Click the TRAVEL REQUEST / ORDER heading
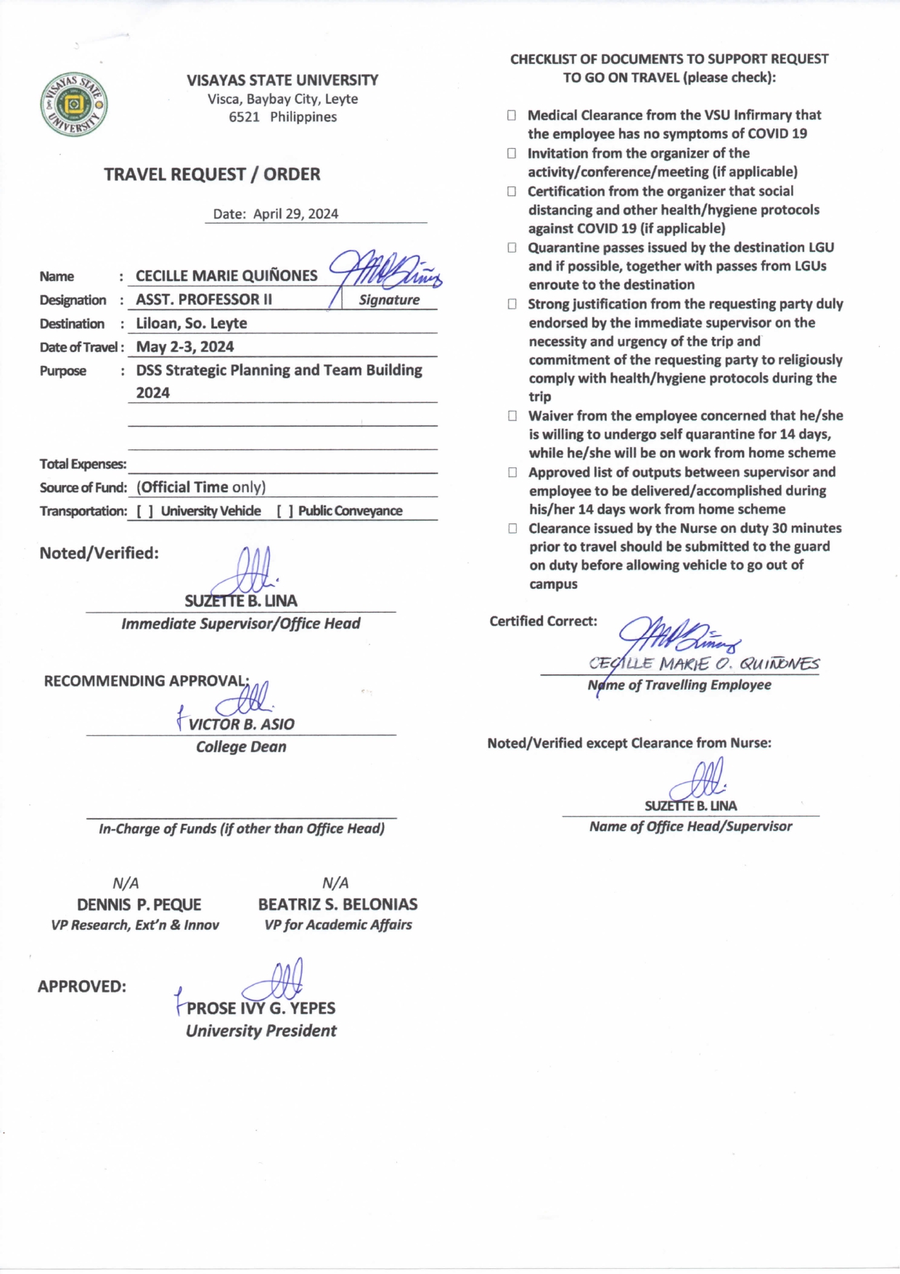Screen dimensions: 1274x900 point(212,174)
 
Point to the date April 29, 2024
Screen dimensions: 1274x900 point(295,213)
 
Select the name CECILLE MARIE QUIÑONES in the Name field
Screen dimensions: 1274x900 point(226,276)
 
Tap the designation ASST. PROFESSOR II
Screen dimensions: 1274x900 point(204,300)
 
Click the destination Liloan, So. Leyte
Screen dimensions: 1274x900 point(192,324)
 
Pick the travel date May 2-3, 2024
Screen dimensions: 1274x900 point(185,347)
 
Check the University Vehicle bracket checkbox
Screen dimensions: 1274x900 point(145,511)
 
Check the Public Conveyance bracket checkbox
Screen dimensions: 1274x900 point(285,511)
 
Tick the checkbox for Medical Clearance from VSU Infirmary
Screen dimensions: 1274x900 point(512,115)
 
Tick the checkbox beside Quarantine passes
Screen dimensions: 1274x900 point(512,248)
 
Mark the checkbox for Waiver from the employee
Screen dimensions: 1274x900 point(512,416)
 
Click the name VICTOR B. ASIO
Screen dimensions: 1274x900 point(241,724)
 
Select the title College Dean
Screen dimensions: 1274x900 point(241,747)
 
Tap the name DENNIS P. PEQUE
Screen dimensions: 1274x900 point(139,905)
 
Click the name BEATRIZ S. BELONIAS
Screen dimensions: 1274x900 point(337,905)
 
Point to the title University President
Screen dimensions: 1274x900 point(261,1031)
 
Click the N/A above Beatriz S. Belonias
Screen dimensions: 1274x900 point(335,883)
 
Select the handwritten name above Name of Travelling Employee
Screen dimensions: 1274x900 point(704,663)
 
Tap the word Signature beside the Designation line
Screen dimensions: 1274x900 point(389,300)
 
